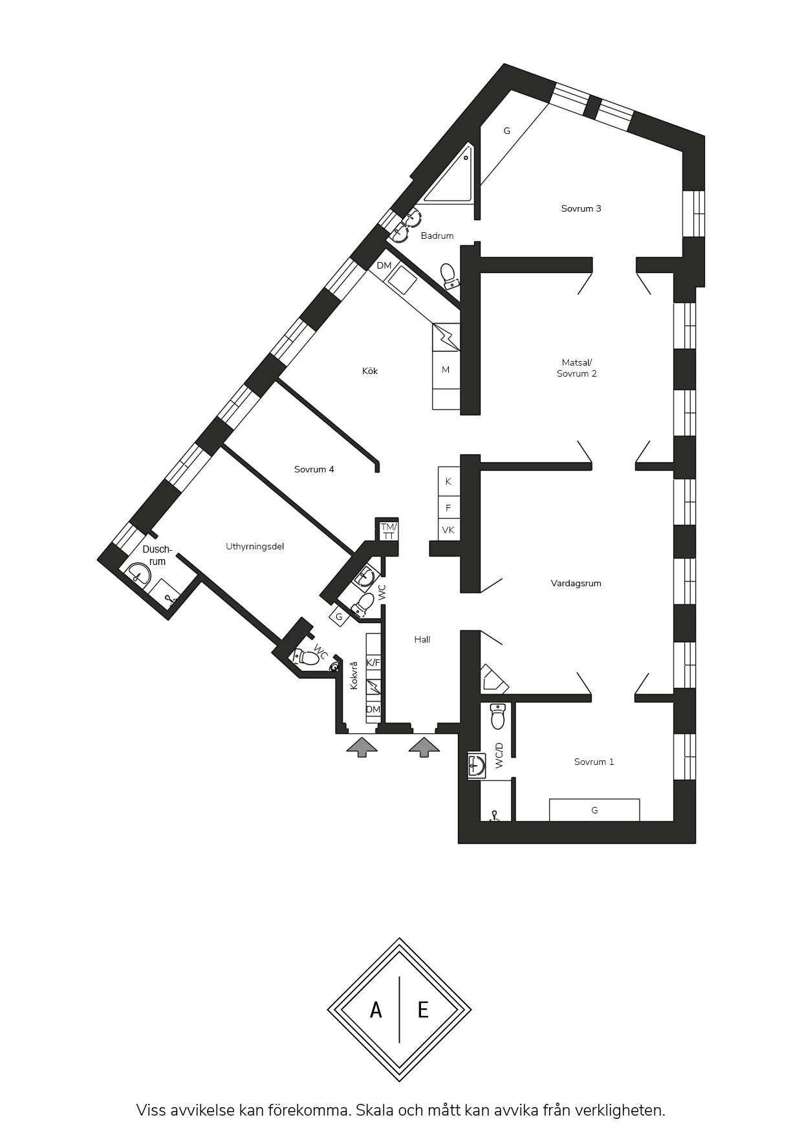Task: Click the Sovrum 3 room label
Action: click(581, 208)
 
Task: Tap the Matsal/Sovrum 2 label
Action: click(577, 368)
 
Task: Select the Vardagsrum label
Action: click(576, 583)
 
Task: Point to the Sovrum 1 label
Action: click(594, 762)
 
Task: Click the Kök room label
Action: click(370, 371)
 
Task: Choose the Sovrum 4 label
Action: click(314, 469)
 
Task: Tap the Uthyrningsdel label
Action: click(255, 546)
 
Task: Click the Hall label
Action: click(422, 639)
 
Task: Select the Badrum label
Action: click(437, 236)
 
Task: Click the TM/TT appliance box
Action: click(389, 531)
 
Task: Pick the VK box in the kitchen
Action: click(448, 529)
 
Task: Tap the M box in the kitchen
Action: click(446, 369)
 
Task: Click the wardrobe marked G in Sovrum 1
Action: click(594, 810)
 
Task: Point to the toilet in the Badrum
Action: click(449, 276)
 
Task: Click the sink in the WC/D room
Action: click(477, 766)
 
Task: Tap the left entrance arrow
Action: click(362, 746)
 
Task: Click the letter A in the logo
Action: click(376, 1009)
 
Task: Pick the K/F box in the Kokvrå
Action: click(373, 663)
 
